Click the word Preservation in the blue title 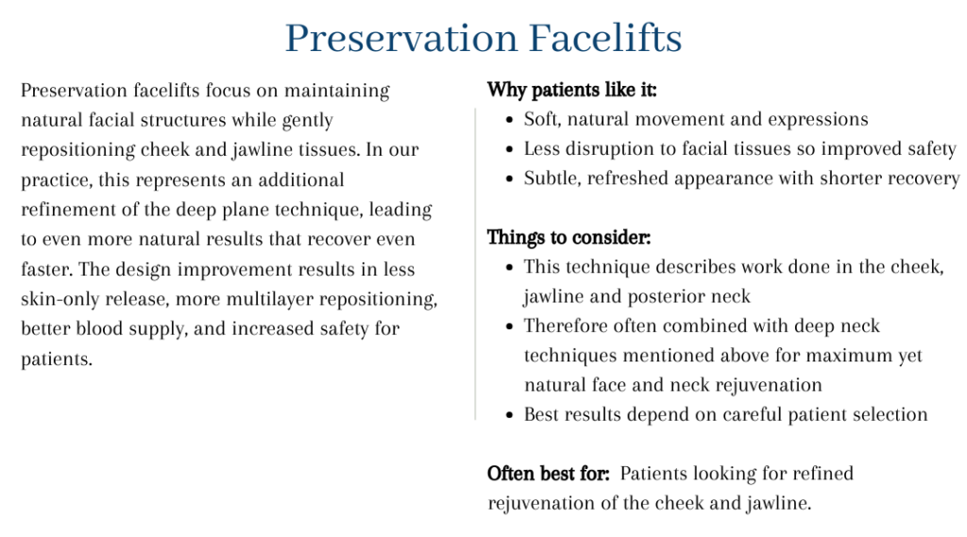[x=401, y=39]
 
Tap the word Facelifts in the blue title [x=605, y=39]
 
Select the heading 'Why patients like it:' [x=571, y=90]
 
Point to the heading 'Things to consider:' [x=568, y=238]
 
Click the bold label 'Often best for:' [x=549, y=474]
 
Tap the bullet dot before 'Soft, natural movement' [x=509, y=120]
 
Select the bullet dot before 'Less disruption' [x=509, y=149]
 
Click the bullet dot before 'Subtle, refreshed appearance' [x=509, y=178]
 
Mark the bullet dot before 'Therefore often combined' [x=509, y=327]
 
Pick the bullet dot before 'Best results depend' [x=509, y=415]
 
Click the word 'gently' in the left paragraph [x=307, y=121]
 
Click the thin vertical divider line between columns [x=476, y=264]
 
